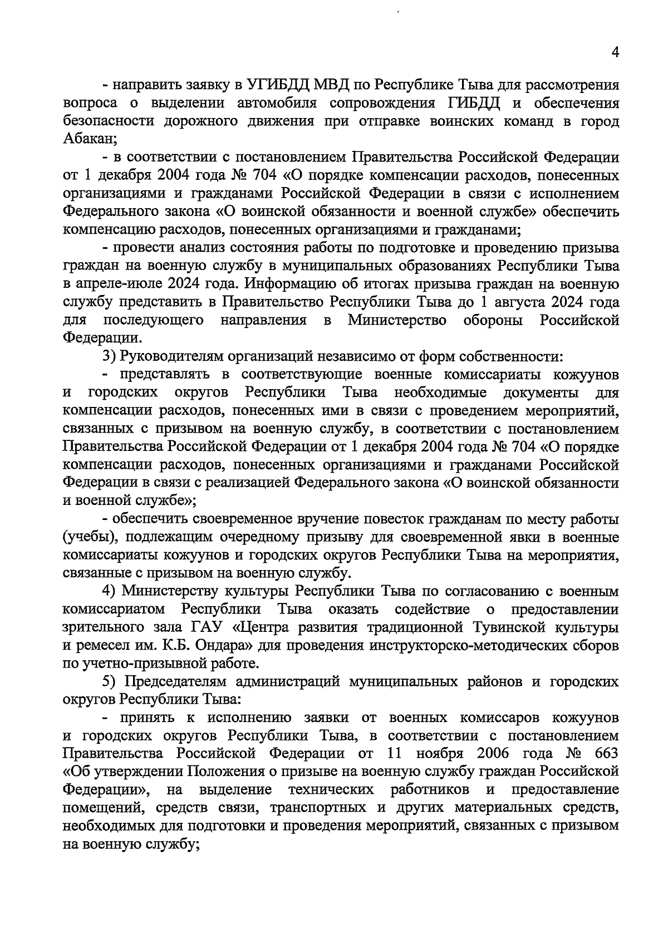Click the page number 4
click(615, 52)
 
